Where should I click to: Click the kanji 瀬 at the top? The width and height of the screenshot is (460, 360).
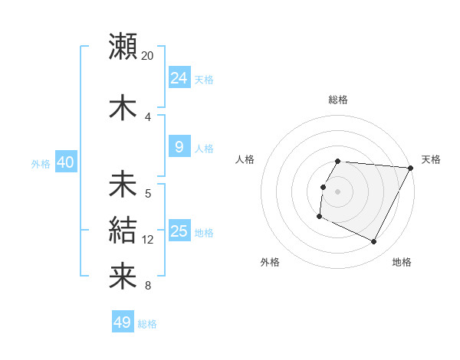123,46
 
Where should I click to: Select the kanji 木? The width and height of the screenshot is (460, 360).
123,107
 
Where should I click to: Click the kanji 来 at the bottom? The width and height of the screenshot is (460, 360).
123,274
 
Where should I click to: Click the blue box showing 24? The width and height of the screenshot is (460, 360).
179,77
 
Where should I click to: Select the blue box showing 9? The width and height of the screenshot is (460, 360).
179,147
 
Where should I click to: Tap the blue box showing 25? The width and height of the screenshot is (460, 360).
179,231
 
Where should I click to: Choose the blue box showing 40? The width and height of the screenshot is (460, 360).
66,162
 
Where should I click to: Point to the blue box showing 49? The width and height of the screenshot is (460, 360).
123,322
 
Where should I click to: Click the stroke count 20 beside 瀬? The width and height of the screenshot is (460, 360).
148,56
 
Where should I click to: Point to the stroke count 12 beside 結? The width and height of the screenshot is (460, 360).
148,240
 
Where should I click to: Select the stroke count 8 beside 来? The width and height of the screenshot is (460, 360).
148,286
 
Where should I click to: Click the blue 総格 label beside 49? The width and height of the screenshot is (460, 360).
148,324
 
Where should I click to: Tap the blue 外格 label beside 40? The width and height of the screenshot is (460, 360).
41,163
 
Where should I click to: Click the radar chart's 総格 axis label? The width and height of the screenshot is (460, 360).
338,100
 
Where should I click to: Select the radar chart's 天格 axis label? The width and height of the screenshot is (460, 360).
431,159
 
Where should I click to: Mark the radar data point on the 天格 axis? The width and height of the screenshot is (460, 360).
411,168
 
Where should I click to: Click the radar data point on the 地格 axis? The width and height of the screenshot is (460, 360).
374,242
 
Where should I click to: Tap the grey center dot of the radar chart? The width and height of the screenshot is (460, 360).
338,191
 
